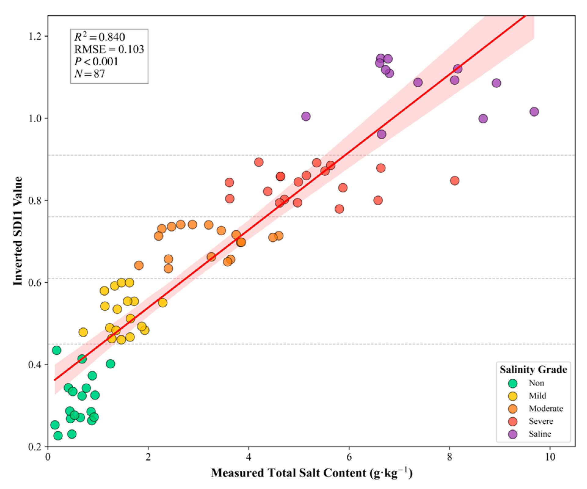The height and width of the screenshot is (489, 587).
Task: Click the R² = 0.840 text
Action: click(100, 37)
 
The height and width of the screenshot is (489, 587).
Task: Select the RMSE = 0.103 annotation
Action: click(109, 49)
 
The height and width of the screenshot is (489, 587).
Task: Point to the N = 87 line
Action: click(90, 74)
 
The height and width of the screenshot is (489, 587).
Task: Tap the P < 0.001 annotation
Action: click(96, 61)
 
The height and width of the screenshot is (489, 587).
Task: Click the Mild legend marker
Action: click(513, 396)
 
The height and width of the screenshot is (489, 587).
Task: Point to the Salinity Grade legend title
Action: click(533, 369)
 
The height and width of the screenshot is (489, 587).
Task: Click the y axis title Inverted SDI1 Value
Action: click(18, 231)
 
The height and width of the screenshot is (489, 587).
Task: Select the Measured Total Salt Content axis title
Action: click(312, 473)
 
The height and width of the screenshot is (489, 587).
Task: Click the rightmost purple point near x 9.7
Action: click(534, 111)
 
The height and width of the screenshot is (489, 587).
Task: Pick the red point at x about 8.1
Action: click(455, 181)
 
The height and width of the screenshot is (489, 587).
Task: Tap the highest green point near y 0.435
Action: click(56, 350)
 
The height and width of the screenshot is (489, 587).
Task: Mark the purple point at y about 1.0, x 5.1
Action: click(306, 116)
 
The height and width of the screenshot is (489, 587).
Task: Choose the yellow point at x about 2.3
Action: click(163, 303)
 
